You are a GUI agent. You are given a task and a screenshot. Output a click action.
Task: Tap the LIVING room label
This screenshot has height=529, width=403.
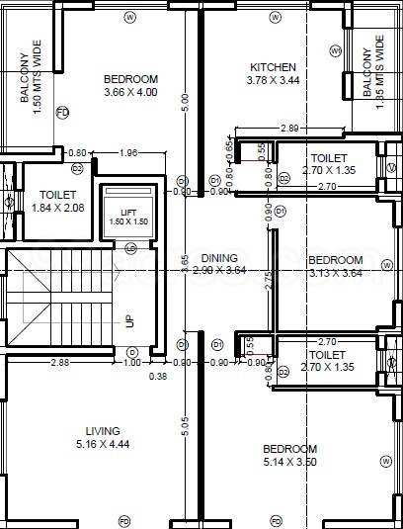click(102, 431)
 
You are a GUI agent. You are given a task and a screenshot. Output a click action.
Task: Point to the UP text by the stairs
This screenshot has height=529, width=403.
click(128, 294)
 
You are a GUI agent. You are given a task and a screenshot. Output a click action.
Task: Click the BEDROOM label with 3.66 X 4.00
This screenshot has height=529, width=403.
click(130, 79)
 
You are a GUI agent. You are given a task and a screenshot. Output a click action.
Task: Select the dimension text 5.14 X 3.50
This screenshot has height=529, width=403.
click(290, 462)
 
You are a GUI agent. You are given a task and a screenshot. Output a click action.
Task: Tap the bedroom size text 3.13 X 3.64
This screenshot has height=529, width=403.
click(335, 273)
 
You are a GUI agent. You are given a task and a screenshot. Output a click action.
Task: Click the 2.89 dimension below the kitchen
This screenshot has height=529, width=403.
click(289, 129)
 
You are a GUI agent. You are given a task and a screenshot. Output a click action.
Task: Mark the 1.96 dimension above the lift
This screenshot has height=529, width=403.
click(127, 152)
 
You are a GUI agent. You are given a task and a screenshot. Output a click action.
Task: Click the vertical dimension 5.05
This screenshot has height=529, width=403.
click(184, 425)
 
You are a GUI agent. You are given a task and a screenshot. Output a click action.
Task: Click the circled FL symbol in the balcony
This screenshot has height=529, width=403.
click(61, 114)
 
